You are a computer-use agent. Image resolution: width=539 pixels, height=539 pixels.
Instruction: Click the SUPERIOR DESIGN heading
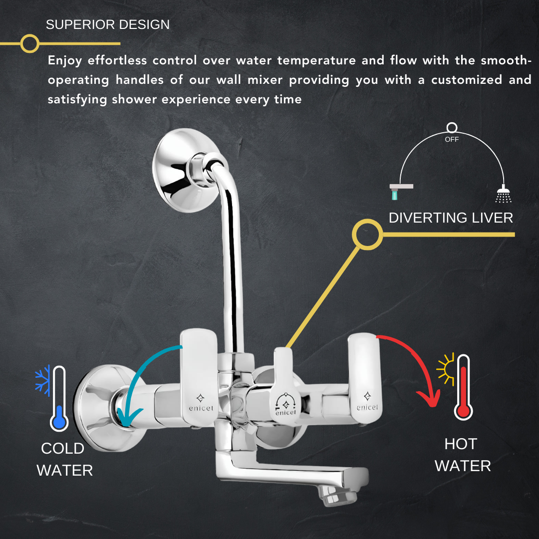(108, 25)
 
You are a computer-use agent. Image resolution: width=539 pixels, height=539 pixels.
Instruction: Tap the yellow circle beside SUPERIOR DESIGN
(30, 43)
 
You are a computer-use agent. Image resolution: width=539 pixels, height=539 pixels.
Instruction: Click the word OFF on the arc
(452, 139)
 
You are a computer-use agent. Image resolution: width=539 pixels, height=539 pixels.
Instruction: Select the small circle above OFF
(452, 128)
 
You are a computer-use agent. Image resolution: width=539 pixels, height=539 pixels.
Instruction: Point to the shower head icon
(503, 194)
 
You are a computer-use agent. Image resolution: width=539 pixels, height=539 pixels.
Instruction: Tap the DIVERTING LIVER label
(451, 218)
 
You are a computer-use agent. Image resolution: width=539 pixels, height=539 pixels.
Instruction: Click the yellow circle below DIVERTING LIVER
(367, 235)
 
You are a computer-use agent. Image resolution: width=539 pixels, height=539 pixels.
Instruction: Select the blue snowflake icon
(42, 380)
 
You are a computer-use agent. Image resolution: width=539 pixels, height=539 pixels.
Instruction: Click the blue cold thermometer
(59, 398)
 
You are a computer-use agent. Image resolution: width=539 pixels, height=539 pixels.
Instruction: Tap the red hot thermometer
(463, 387)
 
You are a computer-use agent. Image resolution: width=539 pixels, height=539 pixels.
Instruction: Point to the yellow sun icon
(445, 369)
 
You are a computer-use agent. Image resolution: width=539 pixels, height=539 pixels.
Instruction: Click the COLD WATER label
(64, 459)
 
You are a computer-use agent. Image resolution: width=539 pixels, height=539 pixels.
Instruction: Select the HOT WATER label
(462, 455)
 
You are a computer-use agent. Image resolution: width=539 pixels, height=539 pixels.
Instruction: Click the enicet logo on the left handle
(201, 403)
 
